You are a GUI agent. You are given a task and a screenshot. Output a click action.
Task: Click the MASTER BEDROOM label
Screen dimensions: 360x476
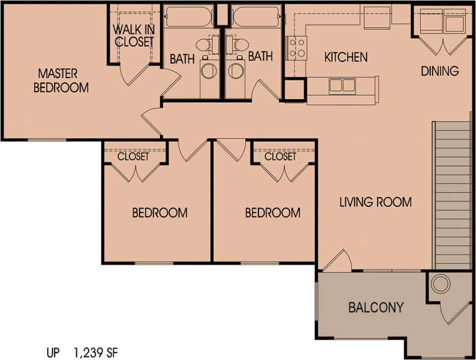click(x=61, y=81)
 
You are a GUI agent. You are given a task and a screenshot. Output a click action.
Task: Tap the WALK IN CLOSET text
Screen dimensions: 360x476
click(x=133, y=36)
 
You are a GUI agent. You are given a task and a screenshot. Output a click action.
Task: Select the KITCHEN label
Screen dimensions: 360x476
click(x=346, y=57)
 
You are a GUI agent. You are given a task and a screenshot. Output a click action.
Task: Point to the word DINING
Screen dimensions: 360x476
click(x=440, y=71)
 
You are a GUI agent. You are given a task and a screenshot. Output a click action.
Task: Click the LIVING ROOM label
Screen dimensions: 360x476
click(x=376, y=202)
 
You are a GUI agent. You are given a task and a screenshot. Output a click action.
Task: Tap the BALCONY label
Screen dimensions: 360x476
click(x=376, y=307)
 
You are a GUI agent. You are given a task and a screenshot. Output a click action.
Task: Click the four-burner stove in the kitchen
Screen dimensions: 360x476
click(x=296, y=47)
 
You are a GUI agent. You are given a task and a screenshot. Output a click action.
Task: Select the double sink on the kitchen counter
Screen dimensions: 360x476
click(x=342, y=85)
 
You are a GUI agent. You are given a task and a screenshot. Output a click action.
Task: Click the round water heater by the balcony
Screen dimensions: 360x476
click(x=441, y=284)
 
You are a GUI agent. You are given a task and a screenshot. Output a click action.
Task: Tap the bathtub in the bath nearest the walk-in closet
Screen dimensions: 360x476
click(x=189, y=17)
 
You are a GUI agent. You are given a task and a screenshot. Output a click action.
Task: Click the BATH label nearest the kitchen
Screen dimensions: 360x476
click(x=260, y=56)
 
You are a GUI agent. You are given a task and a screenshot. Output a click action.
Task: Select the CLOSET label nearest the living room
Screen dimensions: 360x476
click(x=280, y=157)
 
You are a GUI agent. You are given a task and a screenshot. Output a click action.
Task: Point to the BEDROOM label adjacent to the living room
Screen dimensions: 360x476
click(x=273, y=213)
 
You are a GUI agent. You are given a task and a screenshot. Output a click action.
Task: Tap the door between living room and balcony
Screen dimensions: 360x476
click(x=336, y=261)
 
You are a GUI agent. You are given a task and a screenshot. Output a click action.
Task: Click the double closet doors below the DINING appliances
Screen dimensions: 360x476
click(x=443, y=46)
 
